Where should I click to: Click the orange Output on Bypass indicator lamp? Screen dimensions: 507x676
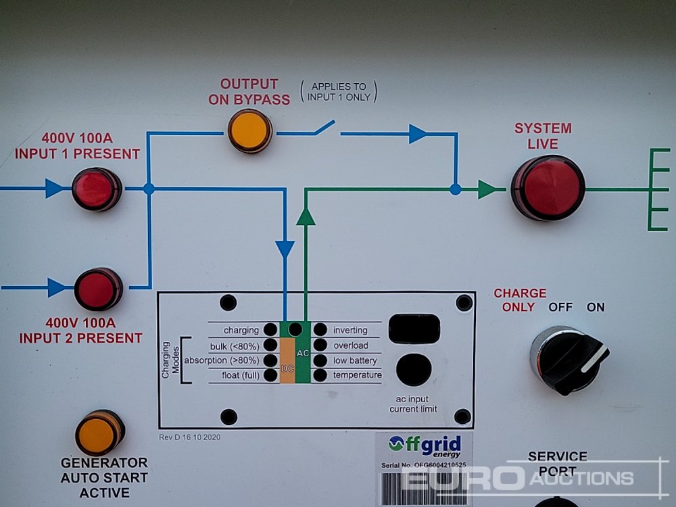249,130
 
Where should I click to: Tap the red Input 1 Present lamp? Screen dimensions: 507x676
96,189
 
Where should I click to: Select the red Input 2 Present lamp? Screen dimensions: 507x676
97,289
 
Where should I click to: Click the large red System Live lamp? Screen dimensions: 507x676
548,187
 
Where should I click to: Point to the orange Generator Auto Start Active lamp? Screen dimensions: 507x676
99,433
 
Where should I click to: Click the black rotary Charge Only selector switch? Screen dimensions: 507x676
569,359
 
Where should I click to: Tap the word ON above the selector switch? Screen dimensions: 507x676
596,308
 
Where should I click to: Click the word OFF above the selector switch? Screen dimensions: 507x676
560,308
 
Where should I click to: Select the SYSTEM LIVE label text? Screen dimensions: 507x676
543,136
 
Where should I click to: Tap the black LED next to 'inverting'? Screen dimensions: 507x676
320,331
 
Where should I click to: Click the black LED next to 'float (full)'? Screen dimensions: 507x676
270,375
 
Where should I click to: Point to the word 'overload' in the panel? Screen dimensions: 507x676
351,345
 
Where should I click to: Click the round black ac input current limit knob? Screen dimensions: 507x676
413,370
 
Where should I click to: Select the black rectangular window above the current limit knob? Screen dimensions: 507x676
414,329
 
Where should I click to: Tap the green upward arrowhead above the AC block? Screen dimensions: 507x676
306,216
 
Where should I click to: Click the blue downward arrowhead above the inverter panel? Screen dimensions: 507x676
285,249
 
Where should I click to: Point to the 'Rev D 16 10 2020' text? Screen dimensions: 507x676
189,437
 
